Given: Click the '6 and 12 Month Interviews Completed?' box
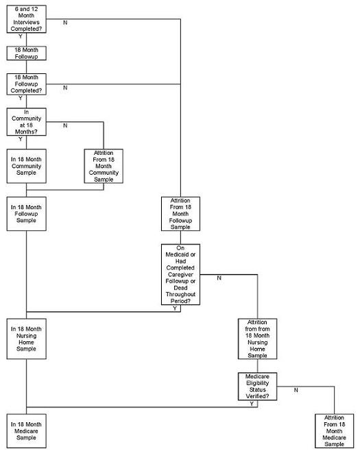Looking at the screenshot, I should pos(26,17).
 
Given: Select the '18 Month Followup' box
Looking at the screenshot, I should pos(26,53).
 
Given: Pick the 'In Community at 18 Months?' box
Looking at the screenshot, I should pos(26,121).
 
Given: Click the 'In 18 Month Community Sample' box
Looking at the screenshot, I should pos(26,166).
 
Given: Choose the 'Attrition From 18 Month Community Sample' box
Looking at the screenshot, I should pos(103,166).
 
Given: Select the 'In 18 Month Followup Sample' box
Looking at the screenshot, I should pos(26,214).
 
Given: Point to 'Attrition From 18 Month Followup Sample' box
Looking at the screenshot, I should pos(180,213).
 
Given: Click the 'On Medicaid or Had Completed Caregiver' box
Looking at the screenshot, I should pos(180,274).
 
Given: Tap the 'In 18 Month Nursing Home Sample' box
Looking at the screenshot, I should pos(26,339).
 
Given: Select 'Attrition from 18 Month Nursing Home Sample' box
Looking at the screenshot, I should pos(257,339).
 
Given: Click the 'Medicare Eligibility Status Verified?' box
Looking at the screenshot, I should pos(257,387).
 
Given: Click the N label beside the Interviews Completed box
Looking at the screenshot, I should pos(65,23).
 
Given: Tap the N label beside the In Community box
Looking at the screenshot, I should pos(65,125).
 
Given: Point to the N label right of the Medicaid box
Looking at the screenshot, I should pos(219,278).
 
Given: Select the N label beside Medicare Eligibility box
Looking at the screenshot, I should pos(296,390).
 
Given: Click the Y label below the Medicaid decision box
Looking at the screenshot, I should pos(175,309).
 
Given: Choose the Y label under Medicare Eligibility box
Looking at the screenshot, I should pos(252,404).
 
